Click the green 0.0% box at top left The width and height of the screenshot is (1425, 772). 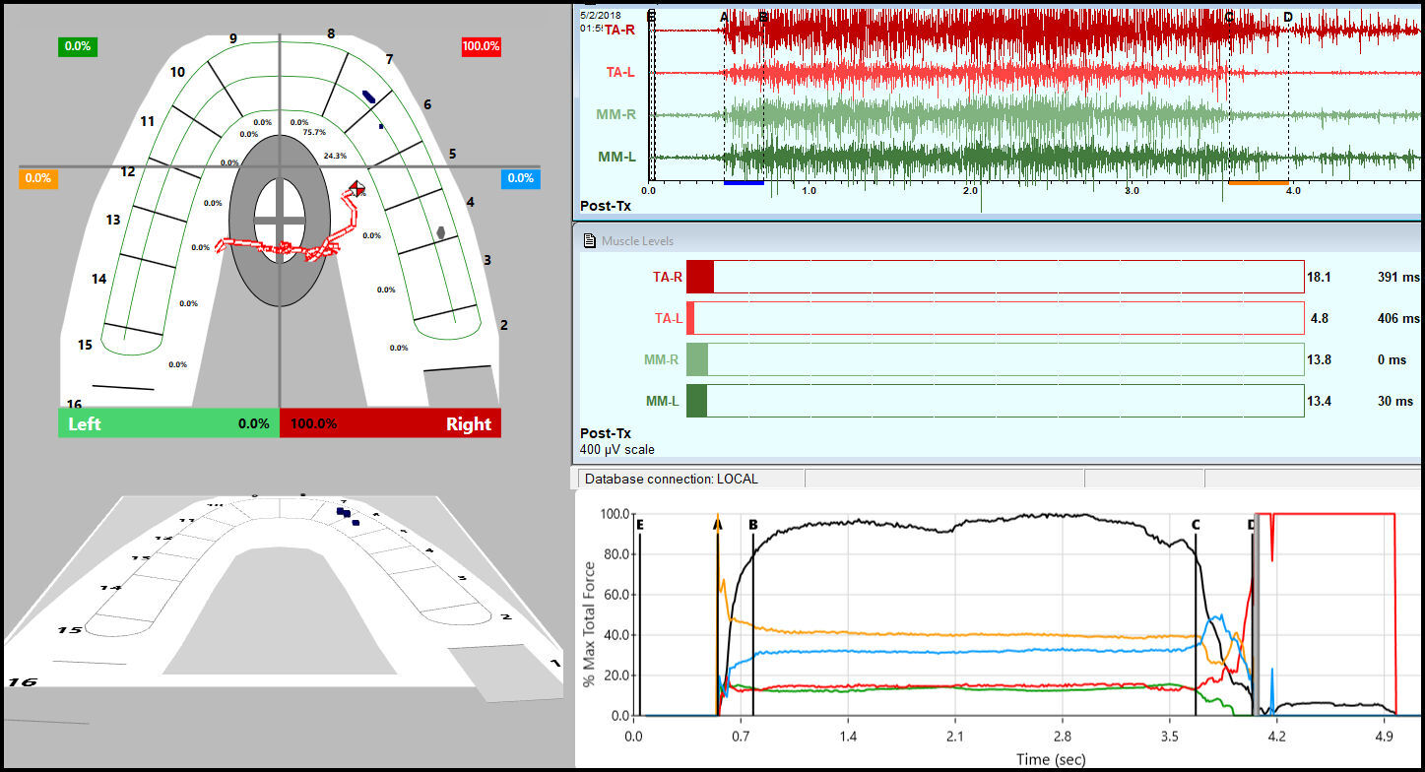78,46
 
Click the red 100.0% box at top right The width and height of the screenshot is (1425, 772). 481,46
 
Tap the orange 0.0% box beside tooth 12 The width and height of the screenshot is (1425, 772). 38,178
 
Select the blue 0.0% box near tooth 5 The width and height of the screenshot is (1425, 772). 520,178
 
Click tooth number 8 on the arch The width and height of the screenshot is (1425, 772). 331,33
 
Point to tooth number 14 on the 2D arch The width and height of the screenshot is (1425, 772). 98,279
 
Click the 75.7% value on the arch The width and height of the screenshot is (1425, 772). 314,132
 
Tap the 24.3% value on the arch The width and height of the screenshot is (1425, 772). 335,156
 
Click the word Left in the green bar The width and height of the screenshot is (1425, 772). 84,423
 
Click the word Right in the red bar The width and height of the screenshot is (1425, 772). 468,423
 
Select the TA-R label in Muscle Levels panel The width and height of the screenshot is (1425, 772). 667,278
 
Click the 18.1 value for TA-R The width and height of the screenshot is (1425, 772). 1319,278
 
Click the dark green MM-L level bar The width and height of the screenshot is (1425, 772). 697,401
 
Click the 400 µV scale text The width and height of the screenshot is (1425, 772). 617,449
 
